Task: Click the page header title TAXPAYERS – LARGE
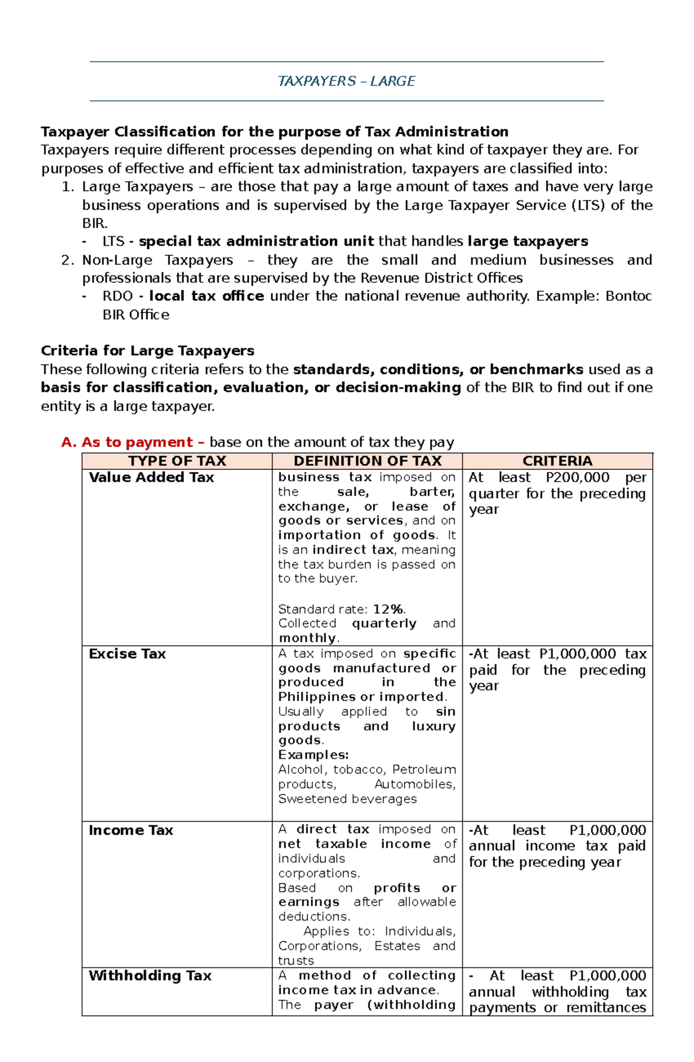point(346,81)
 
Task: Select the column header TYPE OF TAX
point(177,461)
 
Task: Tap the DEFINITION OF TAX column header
point(367,461)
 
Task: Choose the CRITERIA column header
point(557,461)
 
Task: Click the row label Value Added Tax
point(151,477)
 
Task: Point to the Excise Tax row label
point(127,654)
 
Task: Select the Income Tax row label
point(131,831)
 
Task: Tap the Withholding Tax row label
point(150,976)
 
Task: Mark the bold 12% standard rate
point(388,609)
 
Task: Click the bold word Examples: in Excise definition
point(313,755)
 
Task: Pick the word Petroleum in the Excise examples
point(424,770)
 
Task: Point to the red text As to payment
point(137,442)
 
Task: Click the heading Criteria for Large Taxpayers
point(147,351)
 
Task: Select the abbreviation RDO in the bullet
point(117,296)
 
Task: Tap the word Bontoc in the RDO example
point(629,296)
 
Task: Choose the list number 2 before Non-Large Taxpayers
point(66,260)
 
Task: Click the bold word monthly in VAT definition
point(307,638)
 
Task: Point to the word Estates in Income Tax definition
point(397,946)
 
